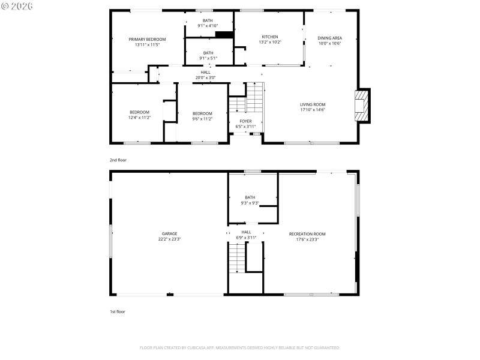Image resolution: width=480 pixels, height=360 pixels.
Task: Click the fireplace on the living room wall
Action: (362, 106)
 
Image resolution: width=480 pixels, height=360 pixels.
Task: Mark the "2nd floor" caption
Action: (118, 160)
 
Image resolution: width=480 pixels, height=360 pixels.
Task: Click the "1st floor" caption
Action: (118, 311)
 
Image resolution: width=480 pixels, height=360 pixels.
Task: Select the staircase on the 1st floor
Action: (238, 258)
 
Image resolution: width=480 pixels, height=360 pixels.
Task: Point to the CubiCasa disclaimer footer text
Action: (240, 348)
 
